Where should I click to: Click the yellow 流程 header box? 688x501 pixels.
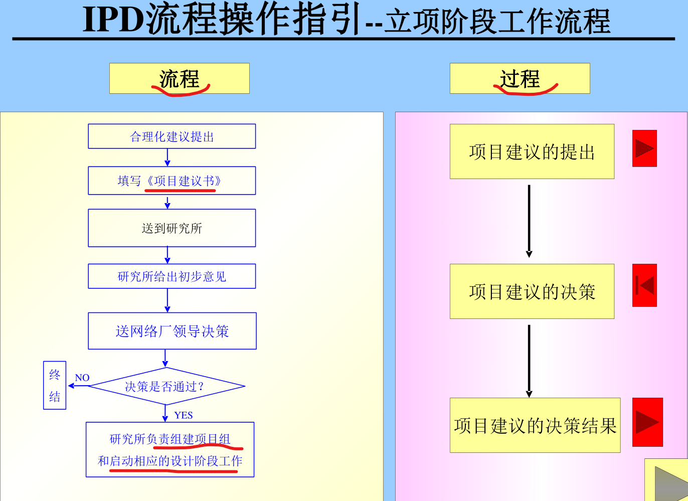tap(179, 78)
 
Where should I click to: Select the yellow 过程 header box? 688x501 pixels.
tap(520, 78)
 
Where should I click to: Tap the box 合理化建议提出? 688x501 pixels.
tap(171, 136)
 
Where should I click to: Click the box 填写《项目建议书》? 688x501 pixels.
tap(171, 181)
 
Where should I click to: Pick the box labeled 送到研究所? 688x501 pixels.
tap(171, 228)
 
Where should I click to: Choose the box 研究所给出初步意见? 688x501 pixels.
tap(171, 276)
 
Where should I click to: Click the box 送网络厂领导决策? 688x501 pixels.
tap(172, 331)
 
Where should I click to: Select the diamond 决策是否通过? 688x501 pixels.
tap(166, 386)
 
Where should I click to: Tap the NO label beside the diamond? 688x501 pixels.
tap(82, 378)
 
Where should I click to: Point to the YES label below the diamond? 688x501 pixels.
tap(184, 415)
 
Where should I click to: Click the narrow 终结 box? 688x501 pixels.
tap(55, 385)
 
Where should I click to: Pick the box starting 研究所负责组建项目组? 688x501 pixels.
tap(170, 450)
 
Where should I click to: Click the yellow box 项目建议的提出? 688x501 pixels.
tap(532, 151)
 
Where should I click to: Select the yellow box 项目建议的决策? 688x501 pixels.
tap(532, 291)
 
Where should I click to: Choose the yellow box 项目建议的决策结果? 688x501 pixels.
tap(535, 425)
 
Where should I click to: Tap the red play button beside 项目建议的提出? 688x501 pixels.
tap(644, 148)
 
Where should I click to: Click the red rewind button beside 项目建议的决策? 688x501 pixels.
tap(644, 285)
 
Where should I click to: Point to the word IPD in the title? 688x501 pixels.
tap(112, 20)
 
